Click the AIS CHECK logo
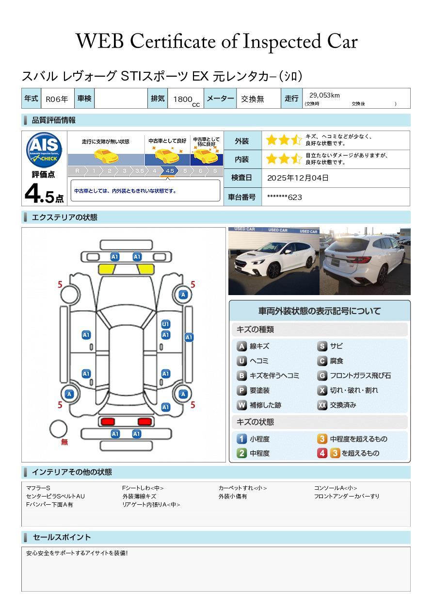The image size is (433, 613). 44,149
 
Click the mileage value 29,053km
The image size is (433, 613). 324,95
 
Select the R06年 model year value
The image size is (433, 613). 57,99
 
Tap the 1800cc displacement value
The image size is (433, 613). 186,100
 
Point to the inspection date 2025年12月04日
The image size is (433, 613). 298,178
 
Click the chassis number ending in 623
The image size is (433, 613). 285,198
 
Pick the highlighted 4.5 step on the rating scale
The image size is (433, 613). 170,171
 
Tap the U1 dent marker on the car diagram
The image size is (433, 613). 166,324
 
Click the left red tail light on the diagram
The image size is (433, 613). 108,421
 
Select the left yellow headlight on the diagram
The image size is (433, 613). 107,269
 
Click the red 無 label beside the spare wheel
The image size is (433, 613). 64,442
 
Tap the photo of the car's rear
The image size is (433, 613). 365,261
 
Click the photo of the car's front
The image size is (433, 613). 274,261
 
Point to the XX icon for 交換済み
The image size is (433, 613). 322,405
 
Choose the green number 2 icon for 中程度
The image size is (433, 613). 241,453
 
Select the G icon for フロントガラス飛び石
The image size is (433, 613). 322,376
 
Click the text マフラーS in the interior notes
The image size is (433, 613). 38,488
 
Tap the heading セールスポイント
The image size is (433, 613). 62,537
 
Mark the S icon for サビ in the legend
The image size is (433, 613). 322,347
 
